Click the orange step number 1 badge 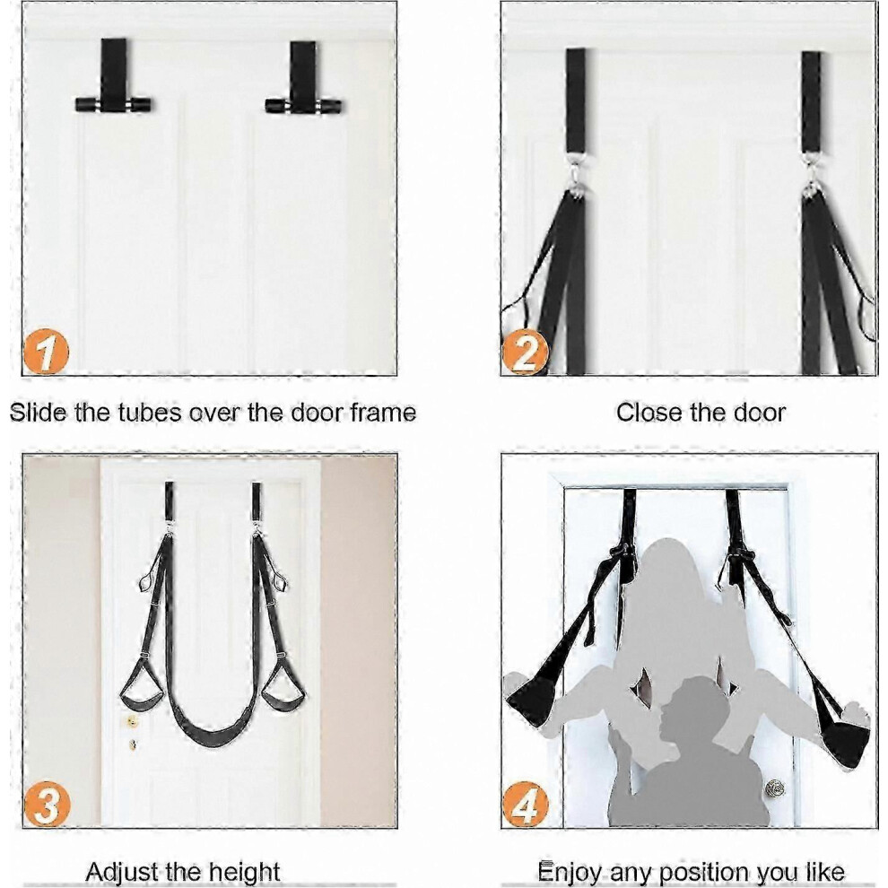(46, 353)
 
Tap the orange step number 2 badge (525, 353)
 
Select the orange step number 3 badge (47, 805)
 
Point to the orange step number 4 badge (526, 805)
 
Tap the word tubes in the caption (151, 413)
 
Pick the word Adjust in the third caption (122, 872)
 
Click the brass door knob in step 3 (131, 721)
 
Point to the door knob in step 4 (774, 788)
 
